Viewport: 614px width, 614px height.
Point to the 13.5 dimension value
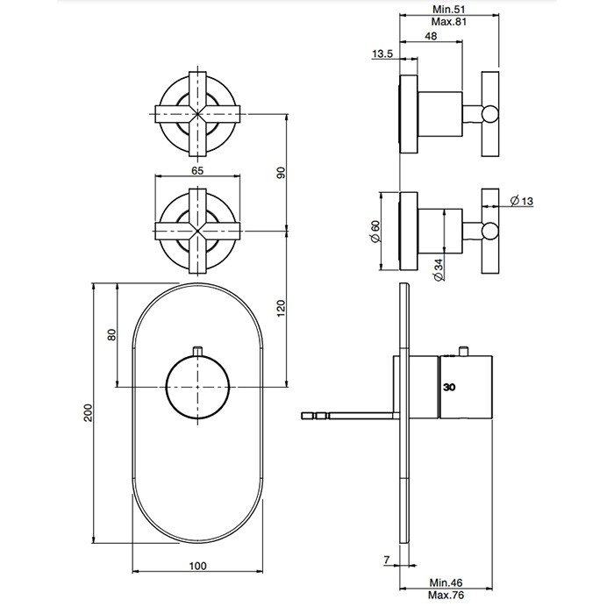[382, 54]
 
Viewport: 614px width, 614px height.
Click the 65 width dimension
[197, 170]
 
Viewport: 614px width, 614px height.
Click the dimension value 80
[111, 335]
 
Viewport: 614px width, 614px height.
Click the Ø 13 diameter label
[520, 202]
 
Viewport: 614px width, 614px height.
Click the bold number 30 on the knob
[450, 387]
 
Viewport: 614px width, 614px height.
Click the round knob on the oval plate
[198, 387]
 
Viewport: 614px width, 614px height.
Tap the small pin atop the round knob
[199, 351]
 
